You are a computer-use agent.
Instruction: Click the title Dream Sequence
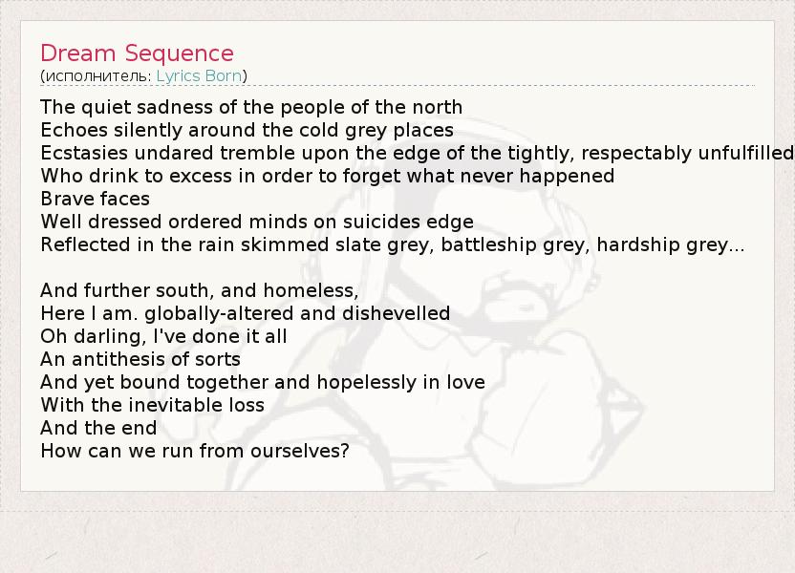click(137, 53)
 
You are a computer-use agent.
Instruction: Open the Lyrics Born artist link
click(199, 76)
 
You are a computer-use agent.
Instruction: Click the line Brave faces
click(96, 199)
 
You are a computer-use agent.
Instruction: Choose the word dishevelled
click(396, 313)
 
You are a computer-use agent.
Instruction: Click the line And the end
click(98, 428)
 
